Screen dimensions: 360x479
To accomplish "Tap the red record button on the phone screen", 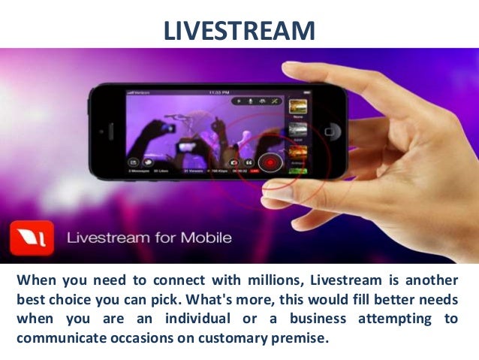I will click(268, 162).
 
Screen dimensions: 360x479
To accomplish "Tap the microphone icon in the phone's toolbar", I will click(239, 100).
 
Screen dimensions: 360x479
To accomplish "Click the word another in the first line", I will click(436, 280).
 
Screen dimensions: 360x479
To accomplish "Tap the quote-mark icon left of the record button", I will click(247, 162).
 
